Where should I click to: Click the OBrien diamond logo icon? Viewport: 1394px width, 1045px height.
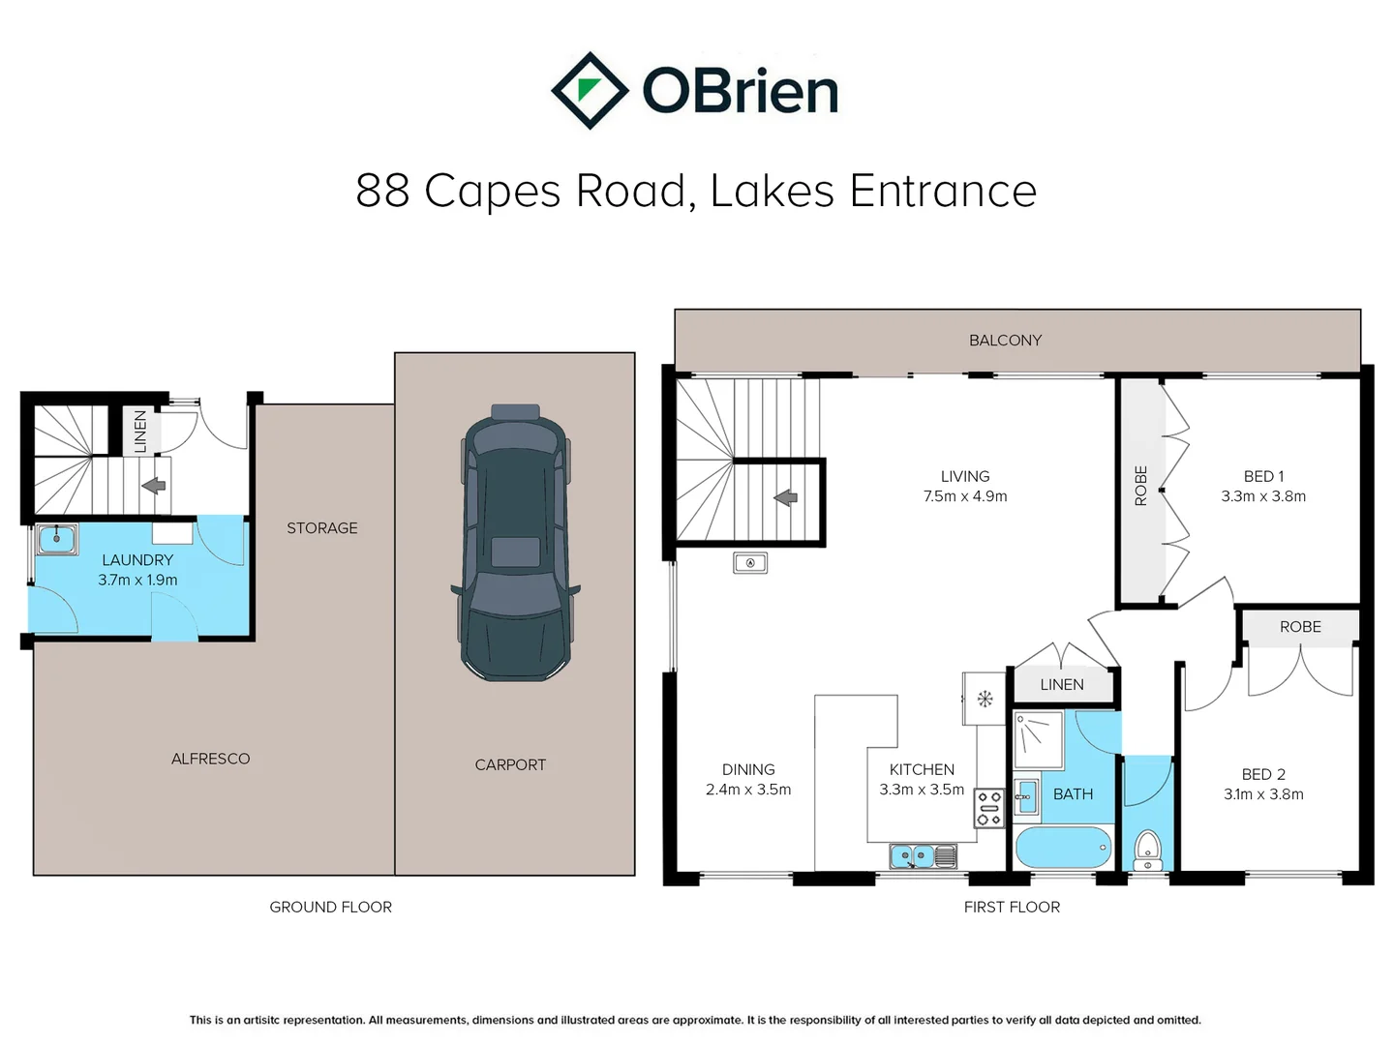click(590, 91)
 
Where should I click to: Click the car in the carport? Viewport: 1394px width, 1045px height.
click(515, 543)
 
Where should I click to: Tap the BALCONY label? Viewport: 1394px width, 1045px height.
click(1005, 341)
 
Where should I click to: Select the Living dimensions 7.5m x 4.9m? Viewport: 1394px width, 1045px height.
click(965, 496)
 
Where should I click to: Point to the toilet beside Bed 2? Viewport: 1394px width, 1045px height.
click(1147, 851)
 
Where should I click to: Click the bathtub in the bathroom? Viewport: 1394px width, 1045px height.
click(1064, 847)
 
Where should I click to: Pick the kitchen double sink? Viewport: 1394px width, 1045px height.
click(923, 856)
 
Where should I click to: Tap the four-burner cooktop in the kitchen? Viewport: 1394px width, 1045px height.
click(988, 808)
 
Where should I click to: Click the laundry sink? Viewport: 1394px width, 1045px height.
click(56, 539)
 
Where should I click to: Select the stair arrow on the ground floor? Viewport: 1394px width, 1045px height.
click(154, 486)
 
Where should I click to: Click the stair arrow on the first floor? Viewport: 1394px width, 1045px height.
click(786, 498)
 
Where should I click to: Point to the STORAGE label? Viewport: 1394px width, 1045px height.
click(322, 528)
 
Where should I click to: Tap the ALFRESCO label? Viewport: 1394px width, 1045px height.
click(210, 759)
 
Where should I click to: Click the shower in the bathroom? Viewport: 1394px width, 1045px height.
click(1039, 740)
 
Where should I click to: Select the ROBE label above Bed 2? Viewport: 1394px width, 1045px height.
click(1300, 627)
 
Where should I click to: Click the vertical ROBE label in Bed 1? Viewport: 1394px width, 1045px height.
click(1140, 486)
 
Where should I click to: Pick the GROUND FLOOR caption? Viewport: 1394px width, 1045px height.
click(330, 908)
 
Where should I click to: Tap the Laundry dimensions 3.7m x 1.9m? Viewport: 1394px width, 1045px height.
click(137, 580)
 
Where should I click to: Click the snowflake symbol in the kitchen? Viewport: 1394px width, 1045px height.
click(985, 700)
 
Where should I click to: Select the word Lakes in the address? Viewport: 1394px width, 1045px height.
click(772, 191)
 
